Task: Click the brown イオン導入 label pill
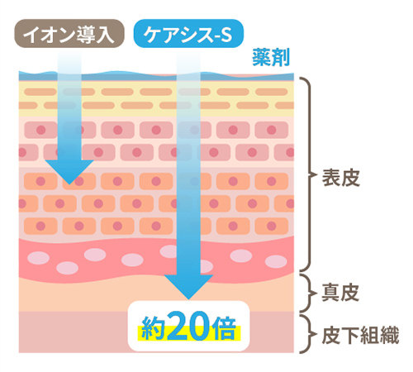pos(69,34)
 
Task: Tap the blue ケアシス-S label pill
pos(188,34)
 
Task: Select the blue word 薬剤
pos(271,58)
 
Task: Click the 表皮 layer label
pos(341,178)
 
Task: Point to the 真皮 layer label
pos(340,293)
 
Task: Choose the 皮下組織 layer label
pos(360,335)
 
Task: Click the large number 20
pos(189,326)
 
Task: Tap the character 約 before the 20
pos(153,328)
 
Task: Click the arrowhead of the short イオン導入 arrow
pos(69,172)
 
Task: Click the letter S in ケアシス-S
pos(225,35)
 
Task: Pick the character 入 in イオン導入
pos(105,34)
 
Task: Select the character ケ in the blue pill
pos(153,34)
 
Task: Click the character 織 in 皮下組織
pos(390,335)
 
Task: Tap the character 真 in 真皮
pos(330,293)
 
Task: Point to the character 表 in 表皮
pos(331,178)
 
